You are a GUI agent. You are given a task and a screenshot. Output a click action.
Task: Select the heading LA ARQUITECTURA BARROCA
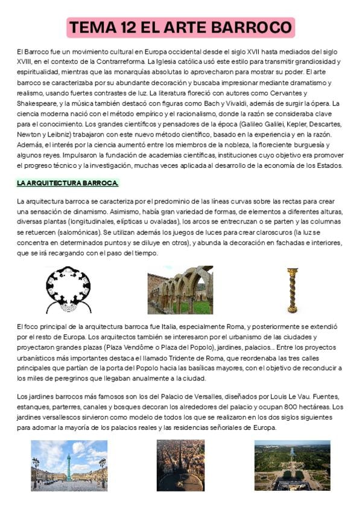click(x=68, y=182)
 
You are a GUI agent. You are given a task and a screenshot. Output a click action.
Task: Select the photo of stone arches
click(x=180, y=290)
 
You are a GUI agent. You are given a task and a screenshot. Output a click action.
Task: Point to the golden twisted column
click(x=293, y=290)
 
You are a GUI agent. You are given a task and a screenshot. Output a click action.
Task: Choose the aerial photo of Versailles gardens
click(x=292, y=465)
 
